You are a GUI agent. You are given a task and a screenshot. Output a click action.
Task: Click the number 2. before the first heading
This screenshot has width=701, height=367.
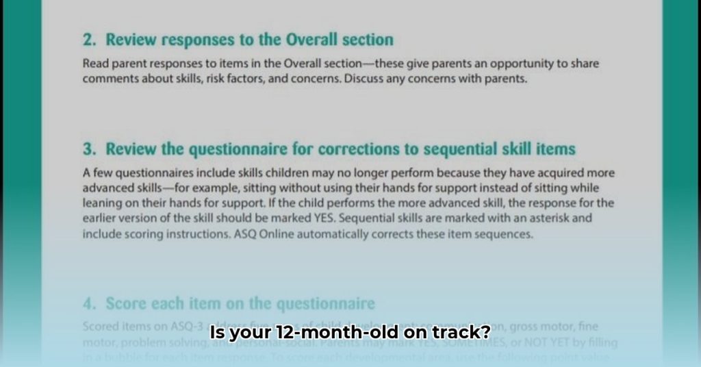(x=89, y=40)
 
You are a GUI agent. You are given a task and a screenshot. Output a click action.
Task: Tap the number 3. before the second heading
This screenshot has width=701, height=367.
(x=89, y=149)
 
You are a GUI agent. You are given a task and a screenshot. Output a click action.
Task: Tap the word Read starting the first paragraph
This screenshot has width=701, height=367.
(x=95, y=64)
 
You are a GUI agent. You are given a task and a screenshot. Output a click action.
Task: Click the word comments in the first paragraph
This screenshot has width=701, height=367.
(x=107, y=79)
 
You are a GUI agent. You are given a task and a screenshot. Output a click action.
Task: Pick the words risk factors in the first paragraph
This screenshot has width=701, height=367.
(x=216, y=79)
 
